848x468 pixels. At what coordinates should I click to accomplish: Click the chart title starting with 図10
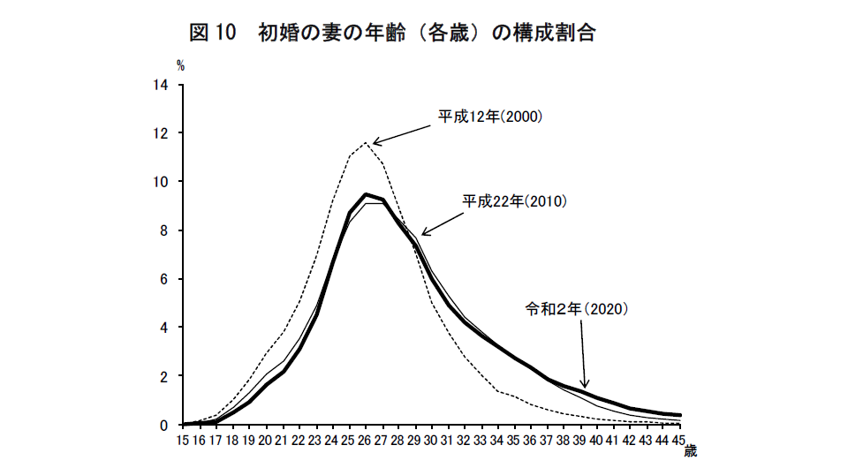[392, 34]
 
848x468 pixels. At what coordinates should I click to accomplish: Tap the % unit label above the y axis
[180, 64]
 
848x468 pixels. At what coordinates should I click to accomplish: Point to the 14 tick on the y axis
[162, 86]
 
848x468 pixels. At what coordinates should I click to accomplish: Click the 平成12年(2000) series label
[491, 117]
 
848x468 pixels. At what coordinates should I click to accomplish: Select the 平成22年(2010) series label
[515, 201]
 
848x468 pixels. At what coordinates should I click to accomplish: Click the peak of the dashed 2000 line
[365, 142]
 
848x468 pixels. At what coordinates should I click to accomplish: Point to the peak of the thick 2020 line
[365, 194]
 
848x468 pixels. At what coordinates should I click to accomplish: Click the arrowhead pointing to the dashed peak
[375, 142]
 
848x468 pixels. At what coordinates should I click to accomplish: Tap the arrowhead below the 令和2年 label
[584, 384]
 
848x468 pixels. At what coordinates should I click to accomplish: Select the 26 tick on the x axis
[365, 439]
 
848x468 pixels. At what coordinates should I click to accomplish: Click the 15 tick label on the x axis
[184, 439]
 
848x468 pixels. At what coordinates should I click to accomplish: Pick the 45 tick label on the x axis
[679, 439]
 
